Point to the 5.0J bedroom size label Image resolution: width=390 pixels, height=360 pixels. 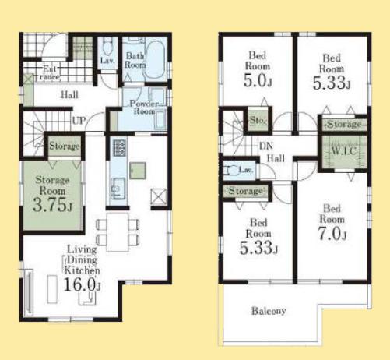pos(258,80)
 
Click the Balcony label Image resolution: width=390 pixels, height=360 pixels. pos(269,311)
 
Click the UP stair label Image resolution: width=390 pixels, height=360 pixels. pos(79,121)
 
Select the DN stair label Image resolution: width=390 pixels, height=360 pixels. pos(265,146)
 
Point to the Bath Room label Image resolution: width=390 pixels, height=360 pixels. pos(135,61)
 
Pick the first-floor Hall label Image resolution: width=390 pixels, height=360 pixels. pos(70,95)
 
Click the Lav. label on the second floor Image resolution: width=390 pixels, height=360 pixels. pos(245,169)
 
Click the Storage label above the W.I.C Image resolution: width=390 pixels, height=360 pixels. pos(343,125)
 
